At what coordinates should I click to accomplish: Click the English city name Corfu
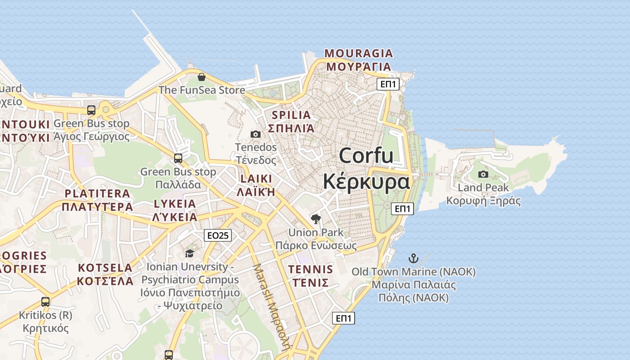pos(366,156)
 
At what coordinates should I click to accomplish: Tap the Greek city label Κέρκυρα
pos(366,181)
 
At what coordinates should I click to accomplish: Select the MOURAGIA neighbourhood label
pos(359,54)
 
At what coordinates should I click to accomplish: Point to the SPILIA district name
pos(291,115)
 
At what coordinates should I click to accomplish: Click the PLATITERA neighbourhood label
pos(97,194)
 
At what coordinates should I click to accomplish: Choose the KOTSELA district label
pos(105,268)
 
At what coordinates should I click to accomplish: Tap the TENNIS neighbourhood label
pos(310,270)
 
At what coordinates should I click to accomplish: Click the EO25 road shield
pos(218,235)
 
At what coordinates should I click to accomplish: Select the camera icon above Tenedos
pos(255,134)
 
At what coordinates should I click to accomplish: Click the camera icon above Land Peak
pos(483,174)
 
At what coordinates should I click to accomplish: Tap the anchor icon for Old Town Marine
pos(413,258)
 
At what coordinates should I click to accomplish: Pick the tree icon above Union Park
pos(316,219)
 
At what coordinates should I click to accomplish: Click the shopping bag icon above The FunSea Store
pos(201,77)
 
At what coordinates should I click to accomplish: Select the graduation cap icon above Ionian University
pos(189,253)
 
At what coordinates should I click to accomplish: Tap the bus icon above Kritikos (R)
pos(45,301)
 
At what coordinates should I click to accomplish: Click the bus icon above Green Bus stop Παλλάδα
pos(178,158)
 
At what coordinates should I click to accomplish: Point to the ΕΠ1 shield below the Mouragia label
pos(388,84)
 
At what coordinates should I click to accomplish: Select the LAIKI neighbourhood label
pos(256,179)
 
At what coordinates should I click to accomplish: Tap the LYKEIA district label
pos(175,204)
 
